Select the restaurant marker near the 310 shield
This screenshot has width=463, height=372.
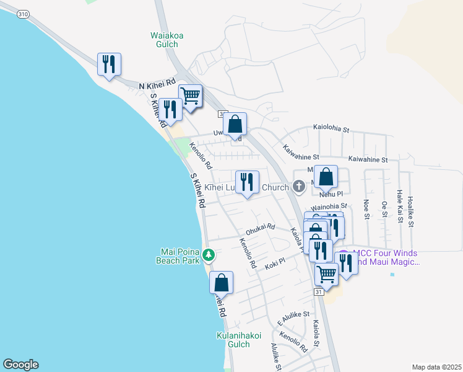[x=109, y=64]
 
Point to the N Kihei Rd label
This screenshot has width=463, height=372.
[x=157, y=84]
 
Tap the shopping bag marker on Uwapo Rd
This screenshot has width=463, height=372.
[x=235, y=124]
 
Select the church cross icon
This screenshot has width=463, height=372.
[x=298, y=185]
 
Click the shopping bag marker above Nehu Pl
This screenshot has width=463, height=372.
[x=326, y=177]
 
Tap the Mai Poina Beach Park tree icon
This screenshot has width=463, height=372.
[x=209, y=254]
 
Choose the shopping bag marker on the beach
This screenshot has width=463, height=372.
[x=221, y=283]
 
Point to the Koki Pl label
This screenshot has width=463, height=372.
[x=274, y=263]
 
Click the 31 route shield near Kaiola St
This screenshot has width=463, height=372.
[x=319, y=293]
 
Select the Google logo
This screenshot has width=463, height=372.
[x=20, y=365]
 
